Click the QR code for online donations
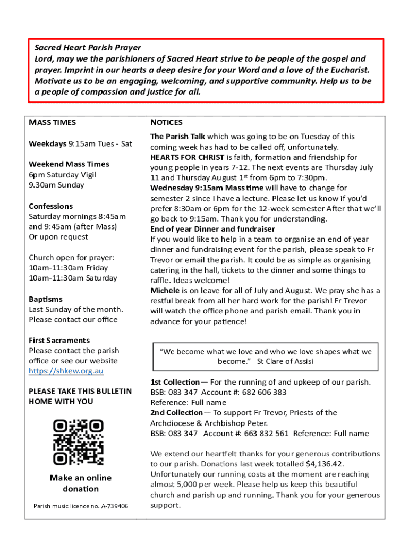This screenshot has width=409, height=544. coord(78,442)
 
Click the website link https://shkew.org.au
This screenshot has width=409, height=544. coord(66,371)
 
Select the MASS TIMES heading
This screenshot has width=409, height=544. coord(53,122)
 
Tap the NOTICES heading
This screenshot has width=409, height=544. coord(166,122)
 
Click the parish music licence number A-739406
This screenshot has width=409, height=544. coord(112,506)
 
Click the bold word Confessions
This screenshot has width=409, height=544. coord(51,206)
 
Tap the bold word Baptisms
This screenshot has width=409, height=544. coord(46,299)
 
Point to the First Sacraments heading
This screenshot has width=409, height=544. coord(59,340)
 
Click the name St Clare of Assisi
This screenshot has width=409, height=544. coord(285,361)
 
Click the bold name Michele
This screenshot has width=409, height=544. coord(165,291)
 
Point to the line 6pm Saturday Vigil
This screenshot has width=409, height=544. coord(63,174)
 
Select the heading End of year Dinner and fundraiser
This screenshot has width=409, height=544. coord(212,229)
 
